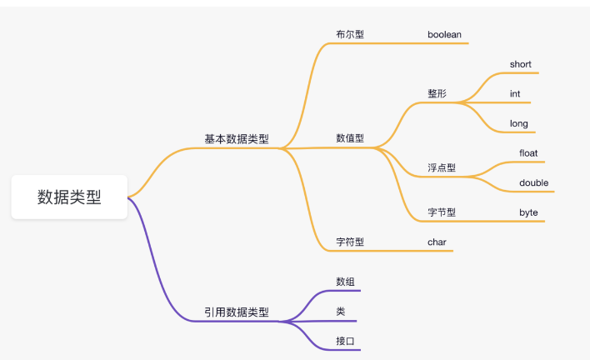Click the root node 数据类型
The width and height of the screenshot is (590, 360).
pos(69,197)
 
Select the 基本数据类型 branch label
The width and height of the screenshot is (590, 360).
pos(237,139)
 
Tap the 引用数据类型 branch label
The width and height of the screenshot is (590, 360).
pos(237,312)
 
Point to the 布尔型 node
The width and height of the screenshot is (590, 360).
pos(350,35)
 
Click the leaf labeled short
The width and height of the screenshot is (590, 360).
pos(521,65)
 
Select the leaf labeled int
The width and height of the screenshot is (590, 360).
pos(515,94)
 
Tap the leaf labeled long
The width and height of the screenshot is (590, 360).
pos(519,124)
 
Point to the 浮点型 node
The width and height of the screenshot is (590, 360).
pos(442,167)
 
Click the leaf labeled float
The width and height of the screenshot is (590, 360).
pos(529,153)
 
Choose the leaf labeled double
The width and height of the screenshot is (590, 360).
pos(534,183)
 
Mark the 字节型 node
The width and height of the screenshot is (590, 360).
pos(442,212)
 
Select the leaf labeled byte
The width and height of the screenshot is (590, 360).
pos(529,212)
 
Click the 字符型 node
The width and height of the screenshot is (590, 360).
pos(350,242)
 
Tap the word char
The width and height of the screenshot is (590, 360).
pos(438,242)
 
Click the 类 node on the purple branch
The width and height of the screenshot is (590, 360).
pos(341,312)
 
